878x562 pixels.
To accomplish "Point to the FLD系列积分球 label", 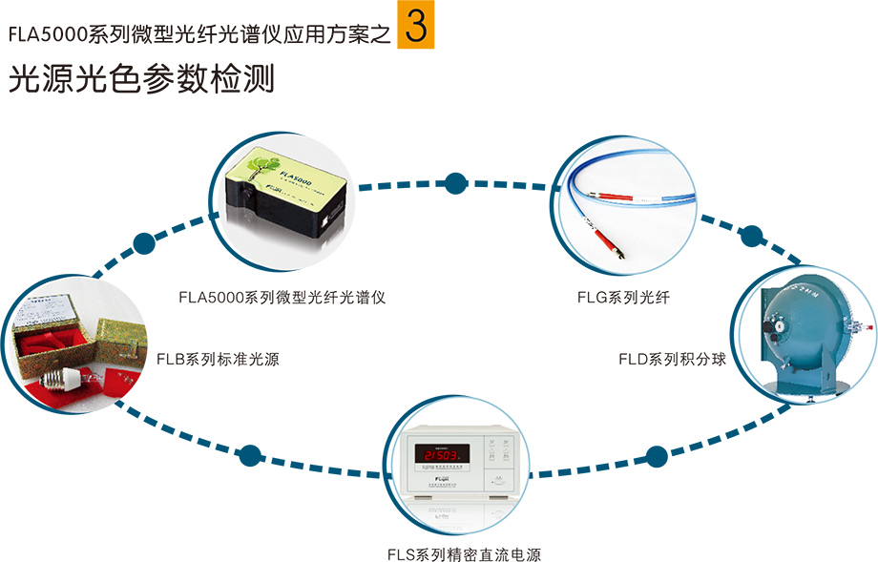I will (x=672, y=360).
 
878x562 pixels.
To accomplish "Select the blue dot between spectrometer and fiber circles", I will (x=456, y=181).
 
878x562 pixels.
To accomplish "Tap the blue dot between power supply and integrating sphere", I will (x=657, y=455).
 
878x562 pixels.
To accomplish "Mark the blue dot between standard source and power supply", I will (x=250, y=455).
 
